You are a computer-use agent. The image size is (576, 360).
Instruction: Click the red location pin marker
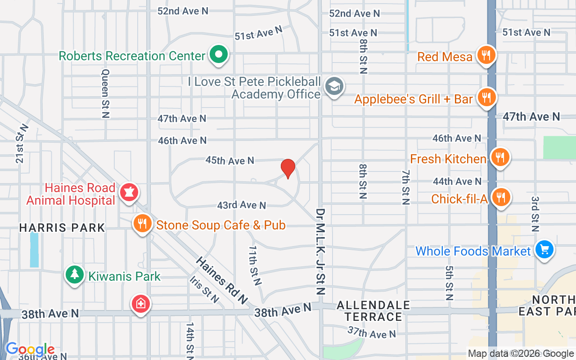[288, 168]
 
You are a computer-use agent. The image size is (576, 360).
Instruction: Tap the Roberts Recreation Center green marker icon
[219, 55]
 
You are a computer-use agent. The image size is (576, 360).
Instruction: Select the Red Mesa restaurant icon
[486, 55]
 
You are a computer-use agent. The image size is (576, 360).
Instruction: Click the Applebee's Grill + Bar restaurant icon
[486, 97]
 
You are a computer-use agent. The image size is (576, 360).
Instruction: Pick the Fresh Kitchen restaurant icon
[499, 157]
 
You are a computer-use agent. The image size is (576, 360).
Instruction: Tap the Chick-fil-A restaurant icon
[500, 197]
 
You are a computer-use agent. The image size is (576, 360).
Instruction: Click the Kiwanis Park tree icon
[75, 274]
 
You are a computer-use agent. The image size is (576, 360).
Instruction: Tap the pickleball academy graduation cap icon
[334, 86]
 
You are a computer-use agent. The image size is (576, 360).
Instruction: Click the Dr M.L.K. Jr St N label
[320, 251]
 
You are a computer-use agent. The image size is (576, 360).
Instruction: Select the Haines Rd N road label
[222, 280]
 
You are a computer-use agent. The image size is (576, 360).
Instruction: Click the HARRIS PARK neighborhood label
[62, 228]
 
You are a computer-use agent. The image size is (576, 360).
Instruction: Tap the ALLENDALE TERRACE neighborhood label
[373, 311]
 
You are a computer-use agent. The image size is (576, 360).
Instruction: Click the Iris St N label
[204, 289]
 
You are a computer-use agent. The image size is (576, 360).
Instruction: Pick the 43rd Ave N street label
[242, 205]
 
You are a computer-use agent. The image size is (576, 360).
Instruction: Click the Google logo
[30, 349]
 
